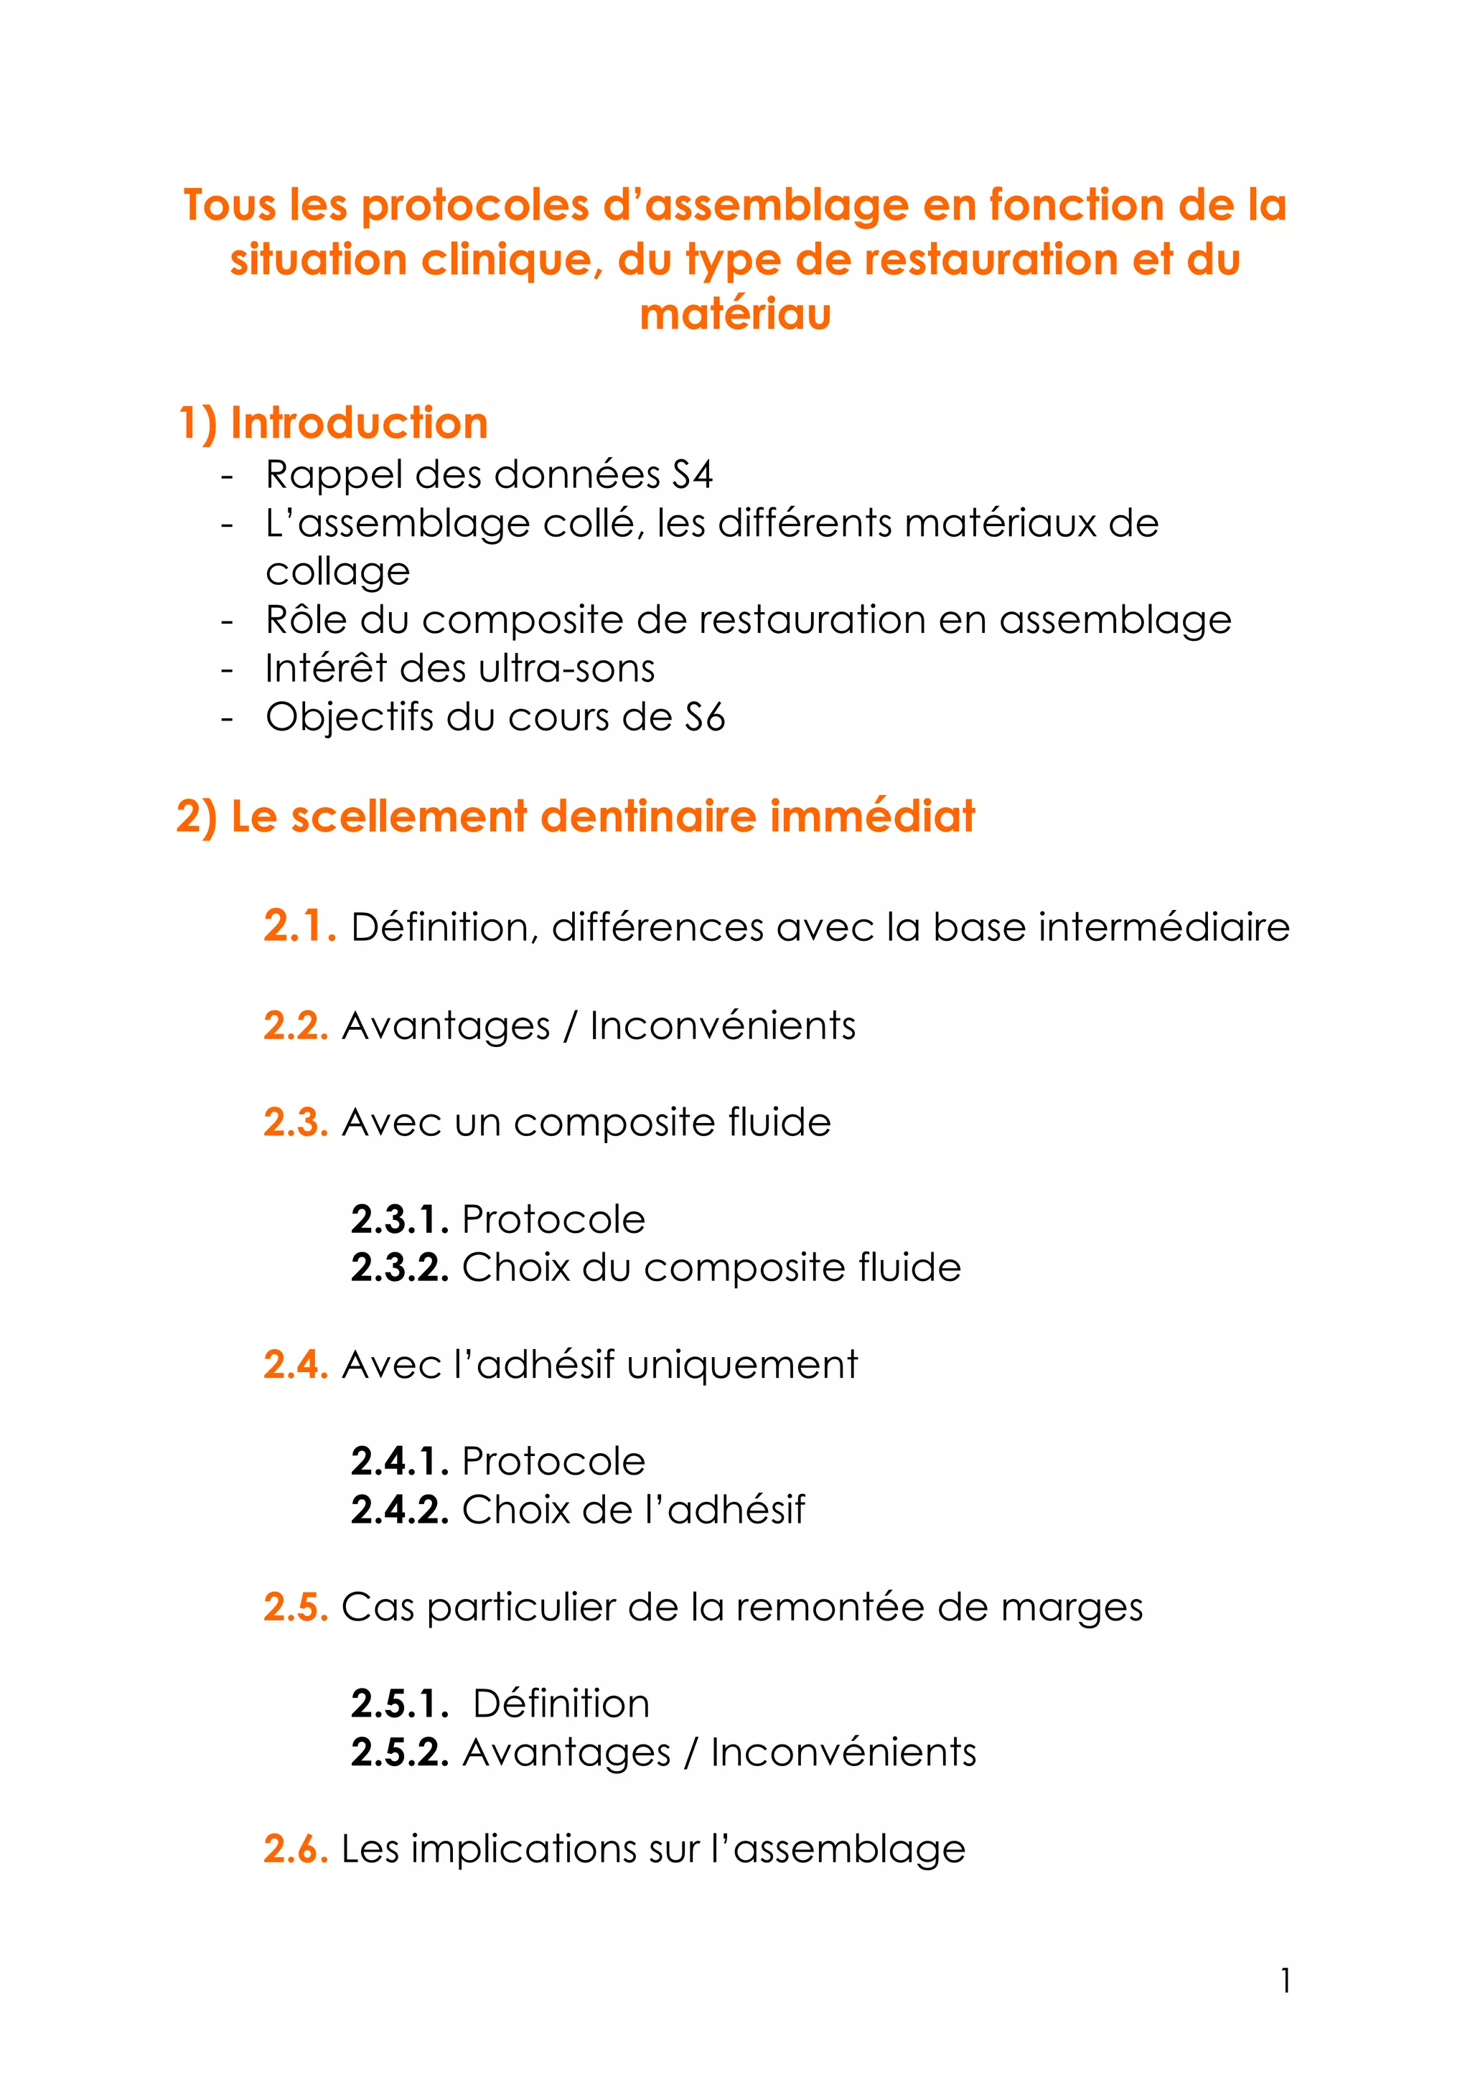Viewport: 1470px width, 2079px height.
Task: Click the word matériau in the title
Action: click(734, 314)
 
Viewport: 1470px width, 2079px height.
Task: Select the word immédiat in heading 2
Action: click(872, 816)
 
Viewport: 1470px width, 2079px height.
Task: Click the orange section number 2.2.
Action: click(295, 1026)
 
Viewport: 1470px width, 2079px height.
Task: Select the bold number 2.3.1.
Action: click(399, 1220)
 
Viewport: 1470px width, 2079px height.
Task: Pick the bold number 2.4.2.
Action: click(399, 1509)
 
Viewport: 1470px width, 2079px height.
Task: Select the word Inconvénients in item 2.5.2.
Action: click(843, 1752)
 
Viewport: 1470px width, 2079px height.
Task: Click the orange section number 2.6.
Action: click(295, 1849)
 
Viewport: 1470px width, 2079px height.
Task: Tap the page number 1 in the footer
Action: click(1284, 1981)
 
